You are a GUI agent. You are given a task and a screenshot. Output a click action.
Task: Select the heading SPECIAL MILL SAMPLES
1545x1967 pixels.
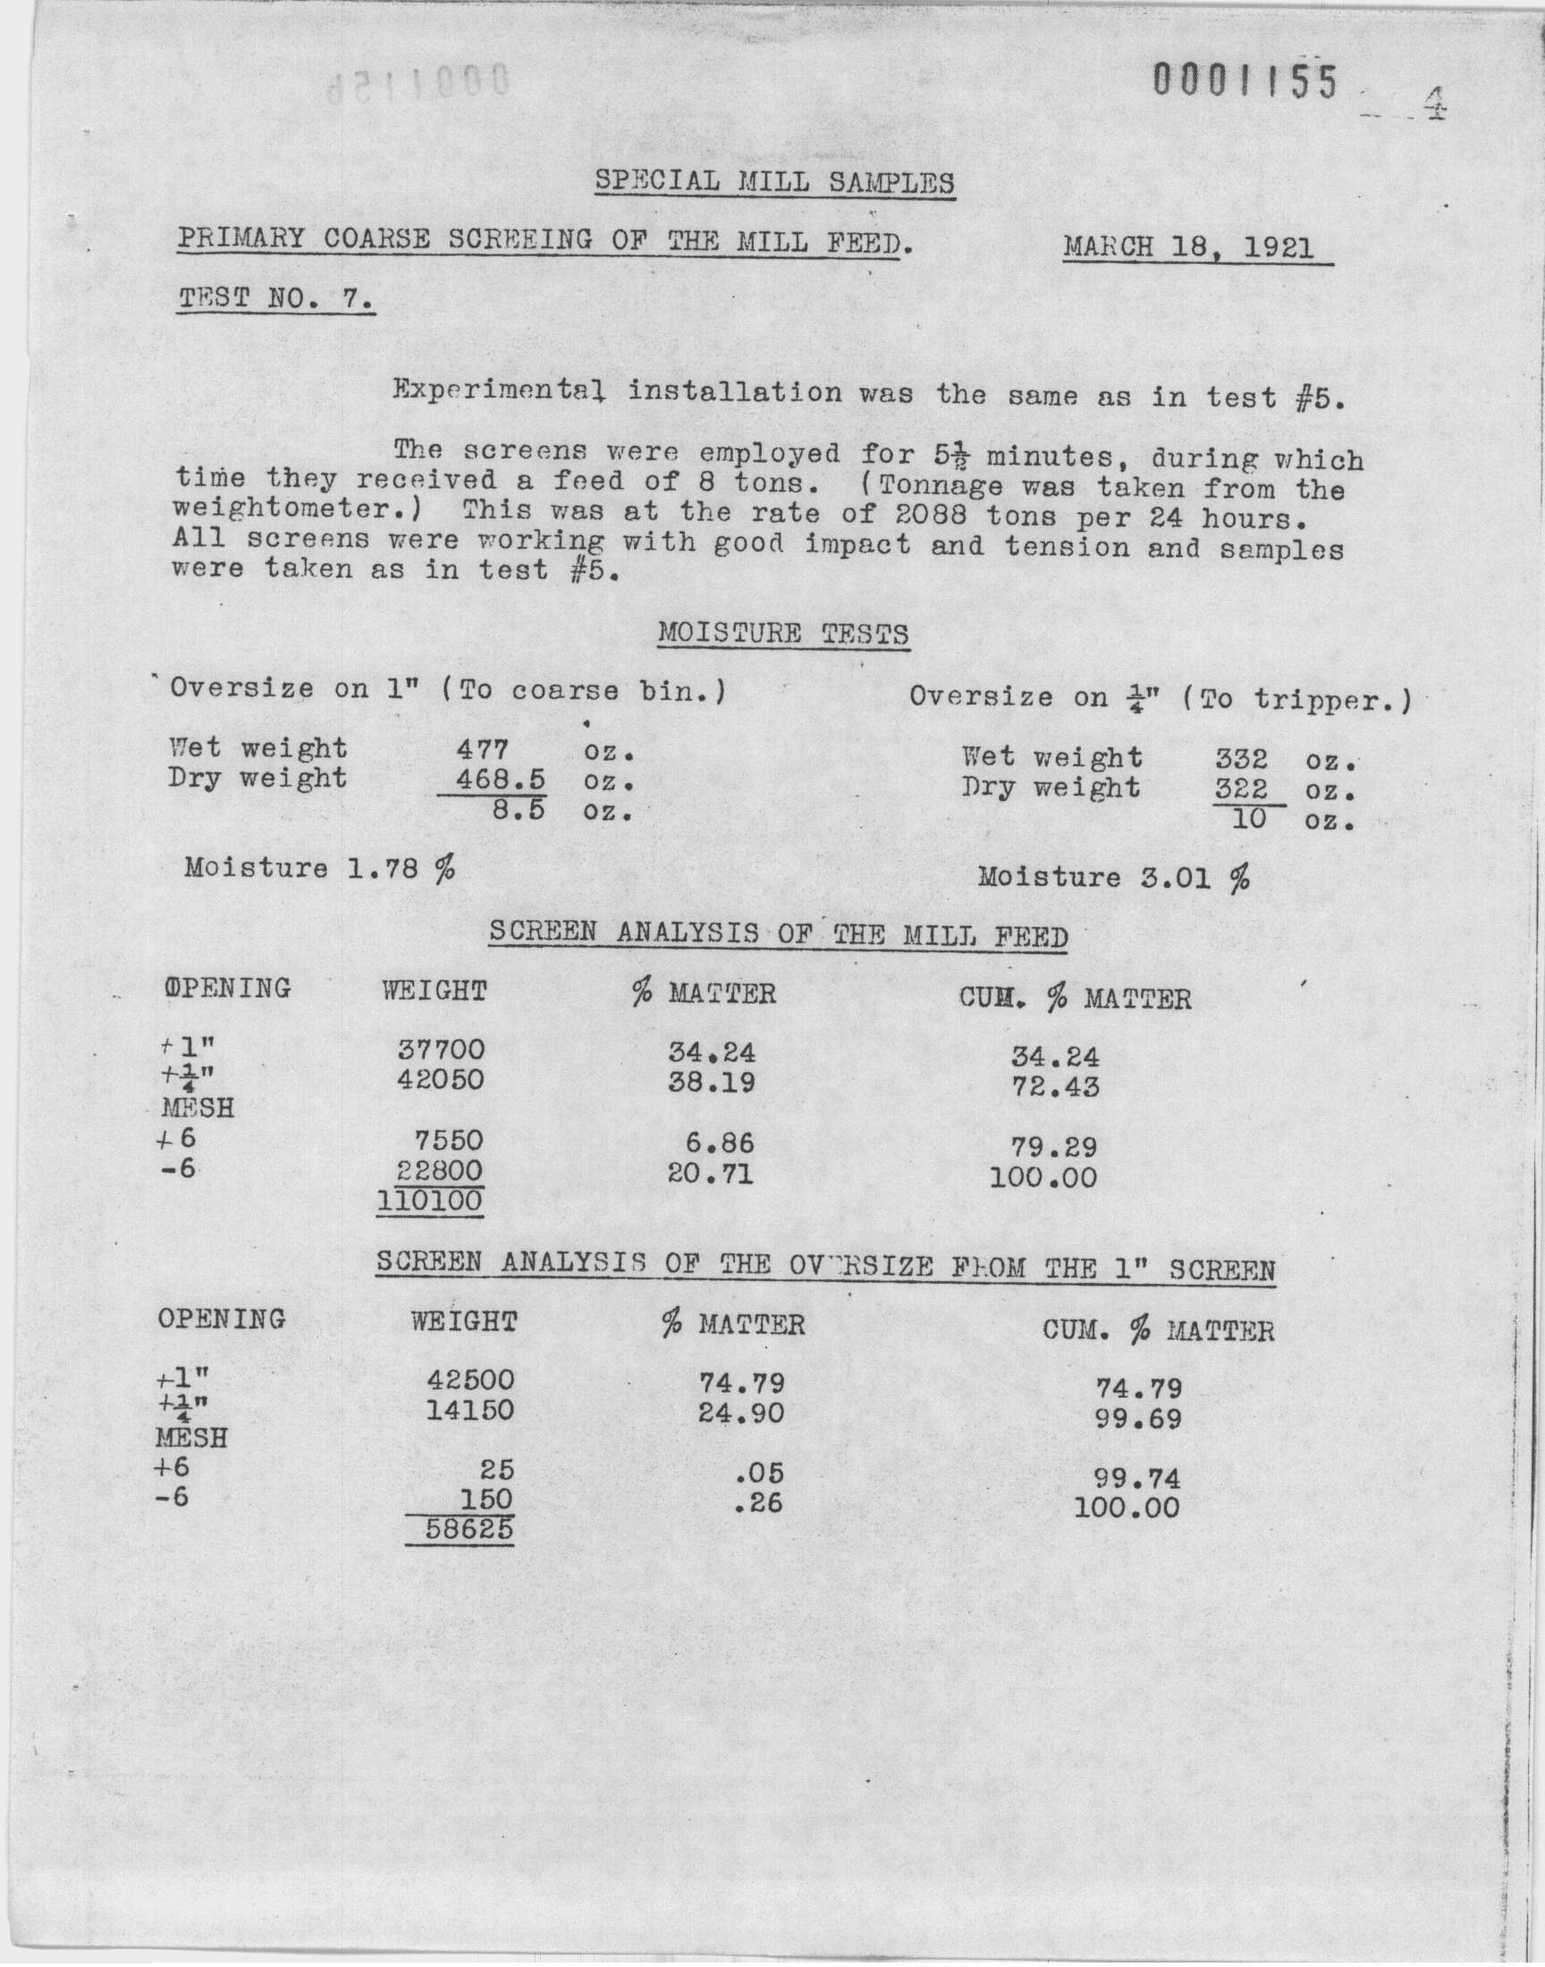pos(773,182)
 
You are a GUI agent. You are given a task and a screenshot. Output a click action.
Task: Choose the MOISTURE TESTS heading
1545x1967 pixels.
pos(782,633)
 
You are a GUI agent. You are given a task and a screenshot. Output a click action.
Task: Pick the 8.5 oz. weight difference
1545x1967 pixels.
pos(519,810)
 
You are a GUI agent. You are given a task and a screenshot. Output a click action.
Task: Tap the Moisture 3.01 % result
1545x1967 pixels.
pos(1113,877)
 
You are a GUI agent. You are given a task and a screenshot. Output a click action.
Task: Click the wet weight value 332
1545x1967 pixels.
pos(1240,758)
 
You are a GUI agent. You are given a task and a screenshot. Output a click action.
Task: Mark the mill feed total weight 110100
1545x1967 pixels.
pos(430,1202)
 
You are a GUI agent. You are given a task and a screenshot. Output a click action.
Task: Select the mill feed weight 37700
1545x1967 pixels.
pos(441,1050)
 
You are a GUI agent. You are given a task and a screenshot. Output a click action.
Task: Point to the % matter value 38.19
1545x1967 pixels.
pos(711,1082)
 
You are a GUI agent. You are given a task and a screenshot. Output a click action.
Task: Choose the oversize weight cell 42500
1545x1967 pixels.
pos(470,1380)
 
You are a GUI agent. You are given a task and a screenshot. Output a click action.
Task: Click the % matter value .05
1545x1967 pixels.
pos(759,1472)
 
